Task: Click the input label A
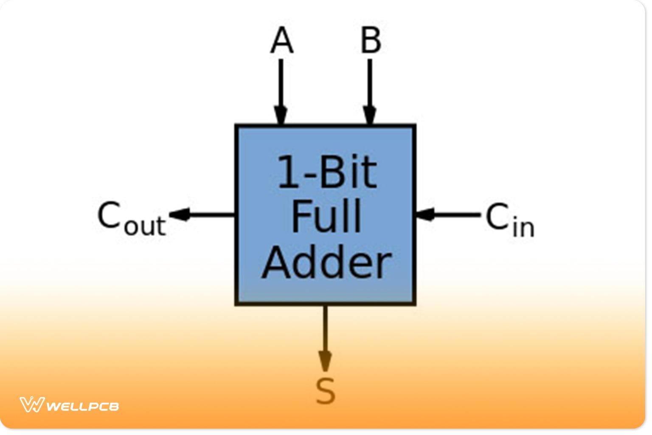point(281,40)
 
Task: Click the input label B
point(371,40)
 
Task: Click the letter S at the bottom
point(325,391)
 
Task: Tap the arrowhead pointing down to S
point(325,361)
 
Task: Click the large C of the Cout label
point(109,215)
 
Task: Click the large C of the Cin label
point(497,216)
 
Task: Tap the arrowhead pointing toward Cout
point(180,215)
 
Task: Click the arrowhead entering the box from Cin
point(426,215)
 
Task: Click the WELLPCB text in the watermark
point(82,407)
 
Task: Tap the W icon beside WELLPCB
point(32,404)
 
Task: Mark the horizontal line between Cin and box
point(456,215)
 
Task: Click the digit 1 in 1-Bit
point(288,172)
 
